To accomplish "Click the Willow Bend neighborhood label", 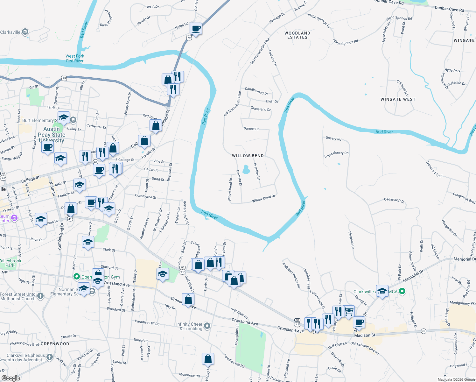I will pos(248,156).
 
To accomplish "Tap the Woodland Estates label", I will pos(297,35).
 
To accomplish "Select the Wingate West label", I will pos(398,99).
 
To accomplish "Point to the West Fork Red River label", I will pos(75,58).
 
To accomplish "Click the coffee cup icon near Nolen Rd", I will pos(196,29).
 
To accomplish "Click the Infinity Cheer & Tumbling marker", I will pos(207,325).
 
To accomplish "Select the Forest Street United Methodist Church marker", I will pos(40,296).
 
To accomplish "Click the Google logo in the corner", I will pos(10,378).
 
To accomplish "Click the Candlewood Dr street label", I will pos(256,91).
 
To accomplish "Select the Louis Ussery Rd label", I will pos(336,154).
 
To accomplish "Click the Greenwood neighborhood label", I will pos(55,344).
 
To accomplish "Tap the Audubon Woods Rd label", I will pos(291,275).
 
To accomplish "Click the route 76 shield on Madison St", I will pos(423,331).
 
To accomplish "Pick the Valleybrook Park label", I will pos(10,263).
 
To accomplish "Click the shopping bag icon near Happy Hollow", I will pos(208,359).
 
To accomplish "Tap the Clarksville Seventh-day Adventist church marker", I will pos(50,357).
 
